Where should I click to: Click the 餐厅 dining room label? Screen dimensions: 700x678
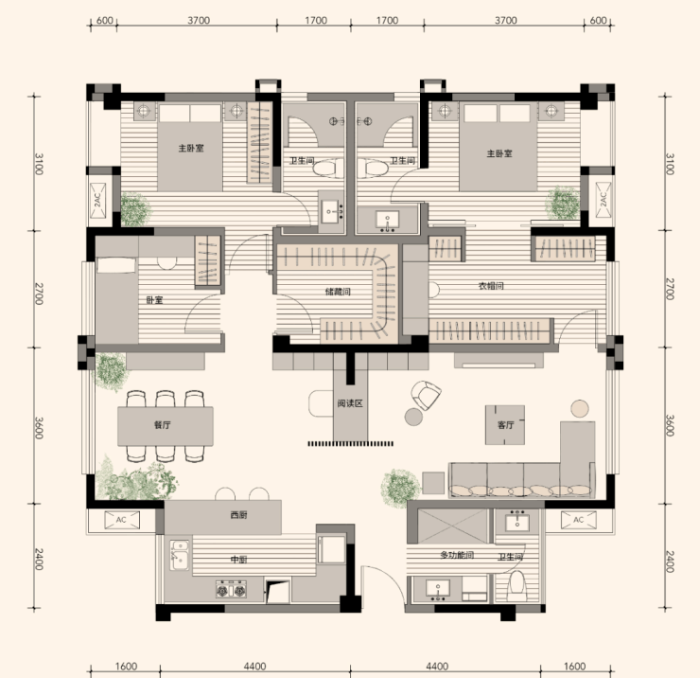tap(163, 425)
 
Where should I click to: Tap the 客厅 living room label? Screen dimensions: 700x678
tap(505, 425)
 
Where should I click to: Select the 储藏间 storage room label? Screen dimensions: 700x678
tap(338, 292)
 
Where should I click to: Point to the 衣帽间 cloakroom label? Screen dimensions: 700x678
tap(491, 286)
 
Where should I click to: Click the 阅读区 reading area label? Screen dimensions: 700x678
tap(350, 403)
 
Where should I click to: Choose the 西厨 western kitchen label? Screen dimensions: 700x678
tap(238, 515)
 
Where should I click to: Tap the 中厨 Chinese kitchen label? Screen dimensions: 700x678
tap(238, 560)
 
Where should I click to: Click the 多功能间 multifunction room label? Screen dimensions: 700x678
tap(457, 555)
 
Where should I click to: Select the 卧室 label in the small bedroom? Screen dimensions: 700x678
tap(154, 300)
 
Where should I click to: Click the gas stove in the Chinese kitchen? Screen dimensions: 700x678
tap(231, 590)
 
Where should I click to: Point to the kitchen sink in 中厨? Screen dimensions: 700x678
tap(180, 555)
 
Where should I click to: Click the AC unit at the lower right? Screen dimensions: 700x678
tap(579, 520)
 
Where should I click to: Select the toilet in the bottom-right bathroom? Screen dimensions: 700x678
tap(518, 585)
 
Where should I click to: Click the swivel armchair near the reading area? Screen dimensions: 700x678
tap(426, 395)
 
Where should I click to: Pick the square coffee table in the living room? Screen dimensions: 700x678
tap(505, 425)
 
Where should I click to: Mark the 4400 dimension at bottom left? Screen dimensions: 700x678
tap(254, 667)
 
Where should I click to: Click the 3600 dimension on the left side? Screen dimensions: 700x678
tap(40, 428)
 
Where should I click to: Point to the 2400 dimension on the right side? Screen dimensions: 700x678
tap(670, 562)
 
